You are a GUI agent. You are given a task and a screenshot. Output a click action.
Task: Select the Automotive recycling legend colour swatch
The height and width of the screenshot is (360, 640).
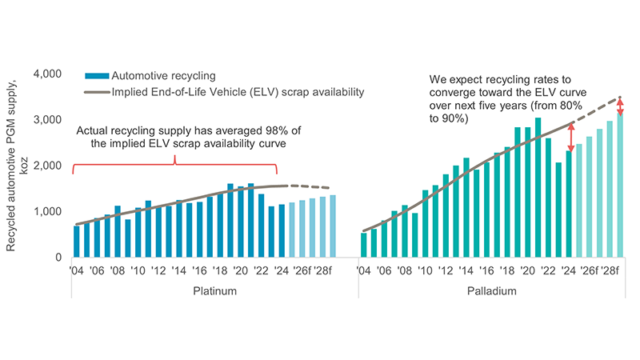point(98,76)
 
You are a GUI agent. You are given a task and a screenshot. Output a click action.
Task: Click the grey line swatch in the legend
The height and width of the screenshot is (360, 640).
point(98,92)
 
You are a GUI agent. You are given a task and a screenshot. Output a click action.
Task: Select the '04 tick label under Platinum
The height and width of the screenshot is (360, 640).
point(77,270)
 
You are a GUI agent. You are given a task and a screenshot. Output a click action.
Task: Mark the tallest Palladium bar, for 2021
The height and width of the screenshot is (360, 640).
point(538,188)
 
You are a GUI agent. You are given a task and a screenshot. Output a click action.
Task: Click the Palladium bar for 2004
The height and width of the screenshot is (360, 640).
point(364,245)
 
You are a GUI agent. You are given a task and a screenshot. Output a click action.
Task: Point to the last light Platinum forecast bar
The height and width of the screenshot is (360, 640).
point(333,226)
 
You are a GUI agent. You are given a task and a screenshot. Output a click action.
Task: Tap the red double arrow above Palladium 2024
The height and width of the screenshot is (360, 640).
point(570,137)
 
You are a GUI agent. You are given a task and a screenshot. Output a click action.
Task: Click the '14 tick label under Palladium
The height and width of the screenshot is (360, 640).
point(466,270)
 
